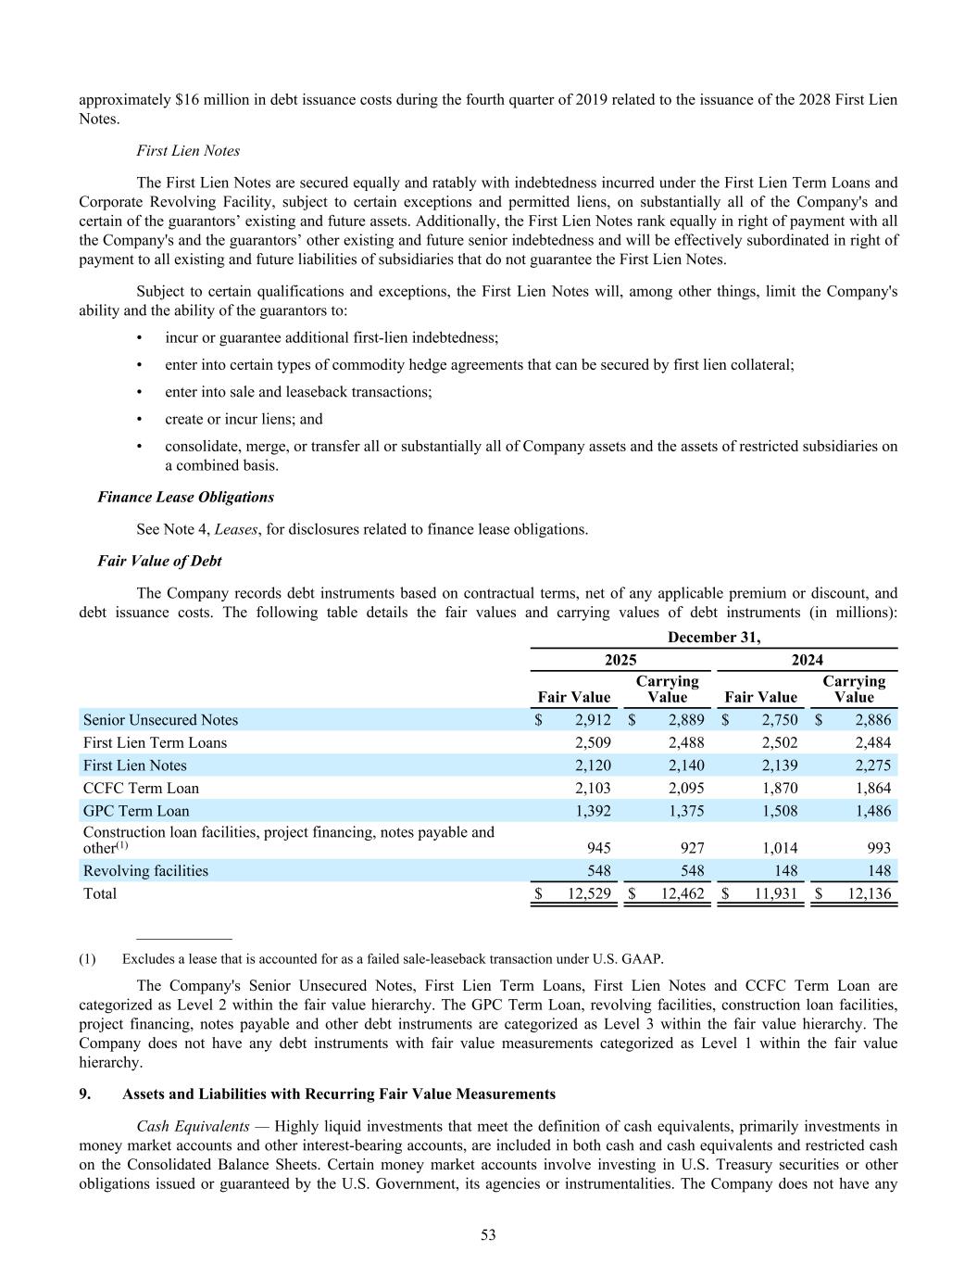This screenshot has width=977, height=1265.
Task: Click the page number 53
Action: [x=488, y=1234]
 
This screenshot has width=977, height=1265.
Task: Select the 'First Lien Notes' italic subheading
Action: [x=188, y=150]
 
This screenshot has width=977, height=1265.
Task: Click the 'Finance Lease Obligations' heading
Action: [x=185, y=497]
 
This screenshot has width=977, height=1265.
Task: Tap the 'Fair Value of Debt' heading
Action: [x=159, y=561]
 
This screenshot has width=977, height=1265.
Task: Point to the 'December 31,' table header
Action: [x=714, y=637]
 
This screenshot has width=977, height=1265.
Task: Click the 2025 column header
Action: [x=620, y=660]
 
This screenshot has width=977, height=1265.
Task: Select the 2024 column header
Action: [x=807, y=660]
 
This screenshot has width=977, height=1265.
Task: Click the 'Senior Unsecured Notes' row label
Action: [x=160, y=720]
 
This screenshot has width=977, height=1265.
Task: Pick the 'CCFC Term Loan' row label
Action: [x=141, y=788]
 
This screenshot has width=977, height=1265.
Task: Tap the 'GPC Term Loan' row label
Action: [x=136, y=811]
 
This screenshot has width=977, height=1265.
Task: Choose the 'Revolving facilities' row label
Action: [x=145, y=871]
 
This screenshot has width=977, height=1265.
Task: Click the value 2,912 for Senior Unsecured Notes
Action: [x=593, y=720]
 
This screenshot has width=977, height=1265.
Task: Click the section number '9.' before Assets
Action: [x=85, y=1094]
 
